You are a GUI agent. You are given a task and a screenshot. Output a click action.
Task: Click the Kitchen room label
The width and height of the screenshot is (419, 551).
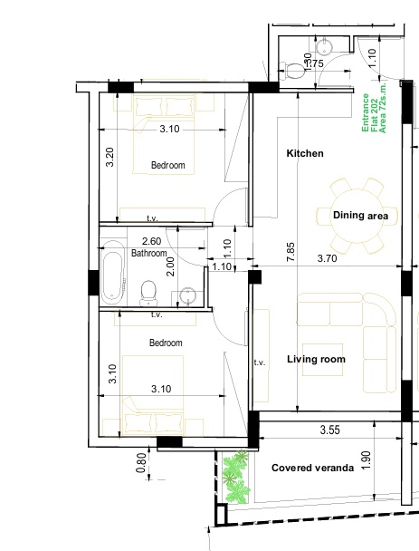tap(305, 154)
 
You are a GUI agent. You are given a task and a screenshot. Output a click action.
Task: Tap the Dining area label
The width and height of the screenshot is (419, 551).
tap(360, 216)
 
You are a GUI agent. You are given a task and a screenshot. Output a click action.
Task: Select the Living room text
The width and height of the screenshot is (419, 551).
tap(316, 360)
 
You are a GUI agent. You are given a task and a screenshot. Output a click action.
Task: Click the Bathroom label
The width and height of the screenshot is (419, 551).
tap(149, 254)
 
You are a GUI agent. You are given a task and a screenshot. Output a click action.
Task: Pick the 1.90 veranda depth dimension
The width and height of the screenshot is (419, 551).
tap(366, 460)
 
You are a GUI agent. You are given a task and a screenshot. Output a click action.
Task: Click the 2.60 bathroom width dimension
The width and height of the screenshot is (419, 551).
tap(152, 241)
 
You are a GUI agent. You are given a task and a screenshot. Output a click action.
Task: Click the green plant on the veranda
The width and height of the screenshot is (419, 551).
tap(237, 478)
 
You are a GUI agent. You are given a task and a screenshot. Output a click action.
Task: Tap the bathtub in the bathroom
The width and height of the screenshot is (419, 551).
tap(112, 272)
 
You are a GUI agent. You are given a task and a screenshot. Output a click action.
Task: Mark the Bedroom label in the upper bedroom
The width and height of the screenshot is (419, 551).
tap(167, 166)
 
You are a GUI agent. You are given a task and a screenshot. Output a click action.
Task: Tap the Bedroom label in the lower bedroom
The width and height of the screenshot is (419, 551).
tap(166, 343)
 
